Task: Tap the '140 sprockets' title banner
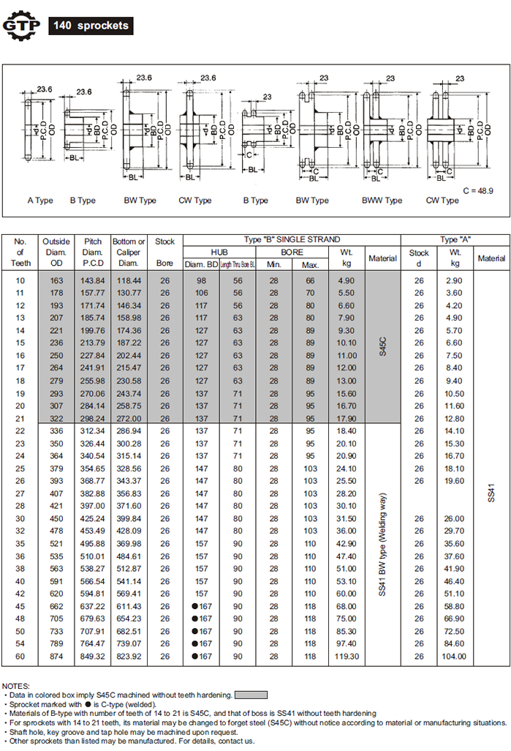coord(91,26)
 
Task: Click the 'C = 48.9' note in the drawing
coord(479,190)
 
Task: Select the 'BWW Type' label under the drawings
coord(382,201)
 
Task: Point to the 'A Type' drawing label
coord(40,201)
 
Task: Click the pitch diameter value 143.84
coord(94,280)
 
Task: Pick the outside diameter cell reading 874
coord(56,657)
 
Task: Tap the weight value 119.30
coord(347,657)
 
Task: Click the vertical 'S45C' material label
coord(382,344)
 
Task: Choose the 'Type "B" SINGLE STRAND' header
coord(292,239)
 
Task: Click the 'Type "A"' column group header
coord(455,239)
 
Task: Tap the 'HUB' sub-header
coord(219,251)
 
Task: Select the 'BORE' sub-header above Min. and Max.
coord(292,251)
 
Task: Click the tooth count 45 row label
coord(20,606)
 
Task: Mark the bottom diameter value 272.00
coord(129,419)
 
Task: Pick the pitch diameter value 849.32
coord(94,657)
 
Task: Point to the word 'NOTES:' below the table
coord(17,686)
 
